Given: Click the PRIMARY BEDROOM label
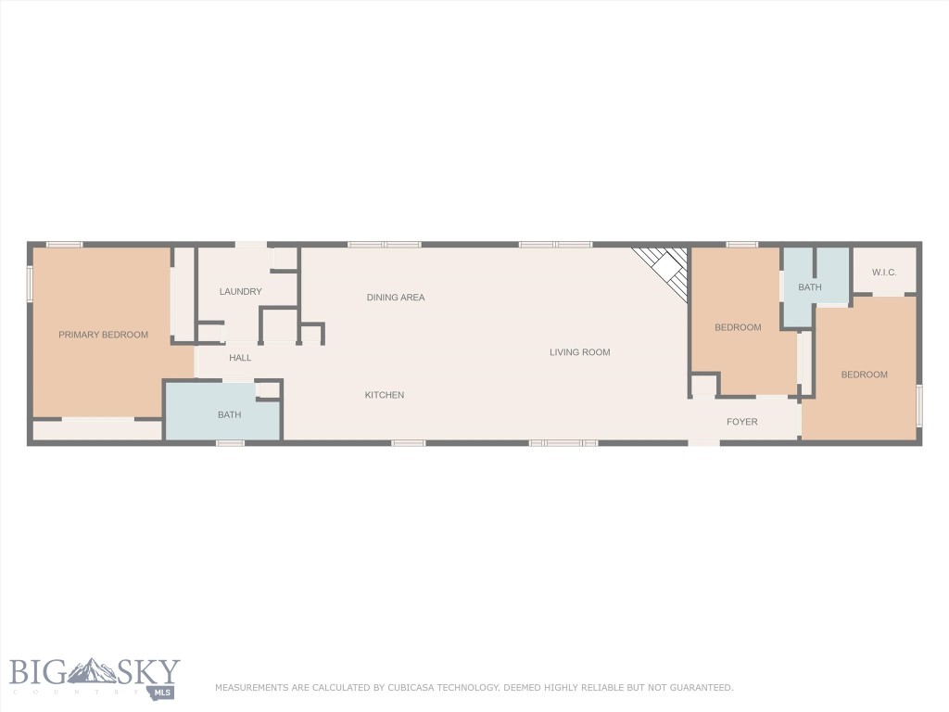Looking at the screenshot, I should click(x=103, y=335).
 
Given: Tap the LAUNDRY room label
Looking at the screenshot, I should click(x=240, y=291).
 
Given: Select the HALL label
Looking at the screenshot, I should click(x=240, y=358).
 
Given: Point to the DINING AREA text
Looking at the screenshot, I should click(x=396, y=298).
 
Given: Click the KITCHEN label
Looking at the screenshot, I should click(x=384, y=395).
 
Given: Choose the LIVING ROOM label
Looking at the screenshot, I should click(x=579, y=352).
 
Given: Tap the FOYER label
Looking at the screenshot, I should click(x=741, y=422).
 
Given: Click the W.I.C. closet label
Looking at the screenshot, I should click(x=884, y=272).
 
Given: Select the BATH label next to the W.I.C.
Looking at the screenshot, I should click(x=810, y=287).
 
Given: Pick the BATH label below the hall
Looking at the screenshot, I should click(x=229, y=414).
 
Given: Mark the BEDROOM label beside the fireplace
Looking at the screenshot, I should click(x=738, y=327).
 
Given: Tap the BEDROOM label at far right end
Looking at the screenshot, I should click(x=864, y=375).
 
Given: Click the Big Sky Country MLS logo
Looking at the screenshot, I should click(x=95, y=678).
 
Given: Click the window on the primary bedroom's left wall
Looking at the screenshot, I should click(x=30, y=284).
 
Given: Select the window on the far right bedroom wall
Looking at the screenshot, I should click(x=919, y=405).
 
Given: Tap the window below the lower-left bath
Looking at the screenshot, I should click(x=230, y=443).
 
